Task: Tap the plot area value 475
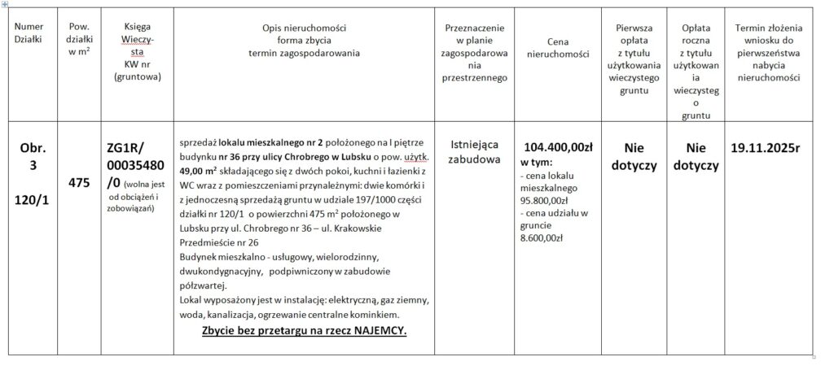pos(79,183)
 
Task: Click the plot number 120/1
pos(34,200)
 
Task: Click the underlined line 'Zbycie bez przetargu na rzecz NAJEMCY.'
pos(304,332)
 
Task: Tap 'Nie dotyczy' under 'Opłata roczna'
pos(696,156)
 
